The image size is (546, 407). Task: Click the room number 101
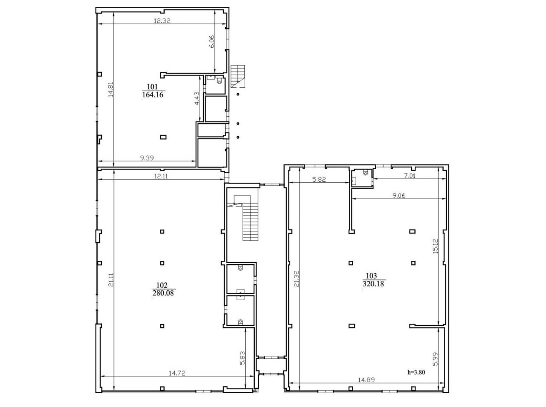(153, 87)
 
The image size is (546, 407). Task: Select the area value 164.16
(153, 95)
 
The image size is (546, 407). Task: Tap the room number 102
(161, 285)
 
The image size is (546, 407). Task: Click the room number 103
(371, 276)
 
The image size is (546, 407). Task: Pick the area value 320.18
(374, 284)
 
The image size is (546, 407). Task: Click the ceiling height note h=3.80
(416, 372)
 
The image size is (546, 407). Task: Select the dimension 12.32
(162, 20)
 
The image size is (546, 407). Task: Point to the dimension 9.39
(148, 158)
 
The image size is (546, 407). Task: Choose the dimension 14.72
(178, 373)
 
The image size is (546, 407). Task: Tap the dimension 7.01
(409, 176)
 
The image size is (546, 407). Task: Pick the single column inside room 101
(163, 137)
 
